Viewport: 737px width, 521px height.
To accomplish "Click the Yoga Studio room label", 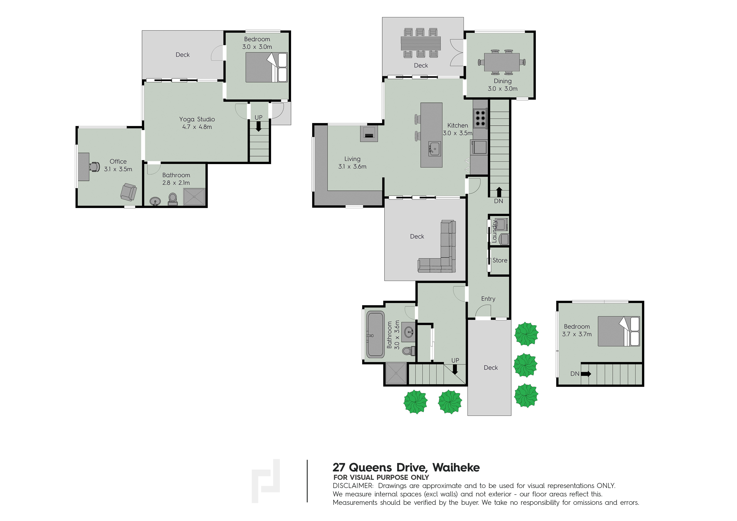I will tap(197, 119).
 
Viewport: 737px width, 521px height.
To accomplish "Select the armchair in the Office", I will tap(128, 192).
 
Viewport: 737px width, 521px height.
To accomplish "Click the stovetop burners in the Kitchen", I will tap(480, 118).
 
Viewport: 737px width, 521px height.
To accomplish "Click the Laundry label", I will tap(494, 231).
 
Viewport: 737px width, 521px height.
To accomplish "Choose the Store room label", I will tap(500, 260).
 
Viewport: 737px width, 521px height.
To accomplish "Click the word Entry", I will tap(488, 299).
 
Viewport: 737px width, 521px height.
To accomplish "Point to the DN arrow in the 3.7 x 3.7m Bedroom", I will tap(586, 374).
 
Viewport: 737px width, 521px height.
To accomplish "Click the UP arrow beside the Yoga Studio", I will tap(258, 127).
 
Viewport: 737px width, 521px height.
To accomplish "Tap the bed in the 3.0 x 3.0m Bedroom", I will tap(266, 67).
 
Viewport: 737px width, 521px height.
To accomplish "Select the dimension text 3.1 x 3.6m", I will tap(352, 167).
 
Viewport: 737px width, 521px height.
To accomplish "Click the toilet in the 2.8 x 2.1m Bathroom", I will tap(173, 199).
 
